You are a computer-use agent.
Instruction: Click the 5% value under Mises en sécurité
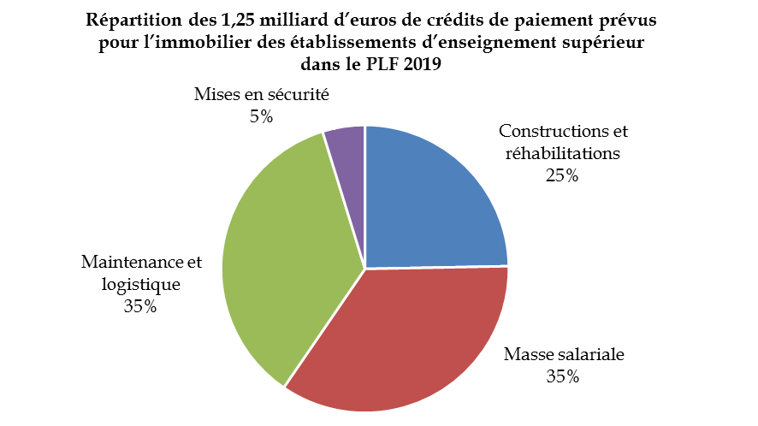[x=262, y=115]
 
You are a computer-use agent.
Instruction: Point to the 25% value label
[x=562, y=175]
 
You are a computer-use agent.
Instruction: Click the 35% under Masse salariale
[x=563, y=376]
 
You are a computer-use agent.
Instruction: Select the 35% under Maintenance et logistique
[x=139, y=306]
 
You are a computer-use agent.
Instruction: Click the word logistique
[x=139, y=284]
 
